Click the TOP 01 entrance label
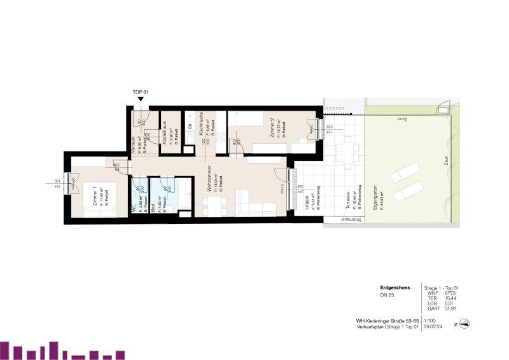tap(141, 92)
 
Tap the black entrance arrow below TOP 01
tap(141, 100)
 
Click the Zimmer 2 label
tap(272, 129)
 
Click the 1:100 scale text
tap(430, 321)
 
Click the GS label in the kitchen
tap(190, 126)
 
